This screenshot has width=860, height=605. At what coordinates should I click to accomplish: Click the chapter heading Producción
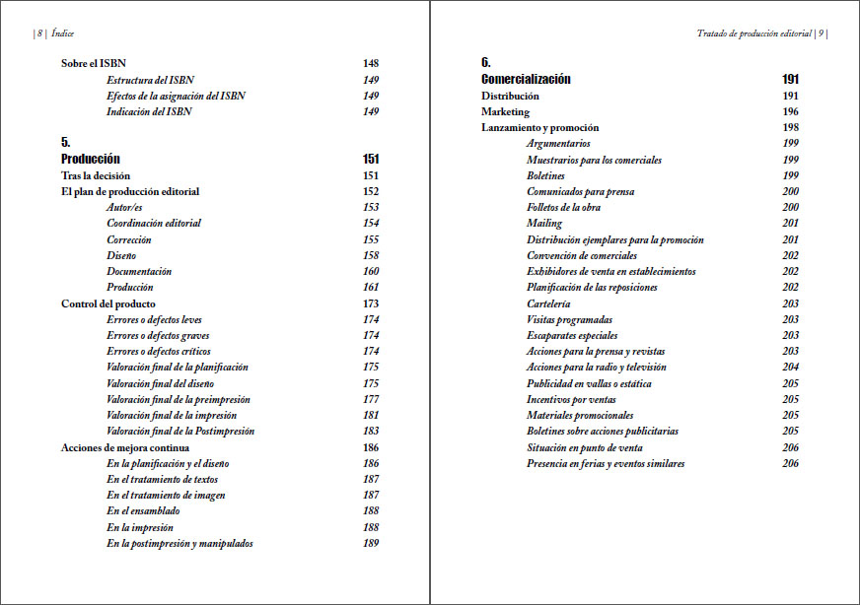point(91,159)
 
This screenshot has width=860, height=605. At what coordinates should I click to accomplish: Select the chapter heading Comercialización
point(526,79)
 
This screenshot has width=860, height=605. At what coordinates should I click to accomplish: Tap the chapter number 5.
point(66,143)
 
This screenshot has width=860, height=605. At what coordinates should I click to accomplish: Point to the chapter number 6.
point(486,63)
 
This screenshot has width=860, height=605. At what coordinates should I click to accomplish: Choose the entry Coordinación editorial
point(154,223)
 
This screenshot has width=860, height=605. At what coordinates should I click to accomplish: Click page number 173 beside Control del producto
point(371,303)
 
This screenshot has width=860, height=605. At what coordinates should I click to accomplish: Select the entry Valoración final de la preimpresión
point(178,399)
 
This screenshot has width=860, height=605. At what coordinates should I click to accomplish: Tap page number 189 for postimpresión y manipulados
point(371,543)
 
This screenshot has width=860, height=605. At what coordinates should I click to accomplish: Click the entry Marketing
point(505,111)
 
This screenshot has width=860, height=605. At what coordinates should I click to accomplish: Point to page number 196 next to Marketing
point(790,111)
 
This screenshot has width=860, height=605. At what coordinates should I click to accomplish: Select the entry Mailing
point(544,224)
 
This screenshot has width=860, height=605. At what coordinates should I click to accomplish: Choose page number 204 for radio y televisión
point(790,367)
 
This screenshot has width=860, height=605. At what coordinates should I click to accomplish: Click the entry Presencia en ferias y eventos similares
point(606,463)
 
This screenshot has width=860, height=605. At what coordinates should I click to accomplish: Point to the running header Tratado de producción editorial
point(753,33)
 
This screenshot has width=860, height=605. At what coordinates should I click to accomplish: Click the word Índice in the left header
point(62,33)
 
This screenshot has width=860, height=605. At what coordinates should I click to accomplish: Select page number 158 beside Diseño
point(371,255)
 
